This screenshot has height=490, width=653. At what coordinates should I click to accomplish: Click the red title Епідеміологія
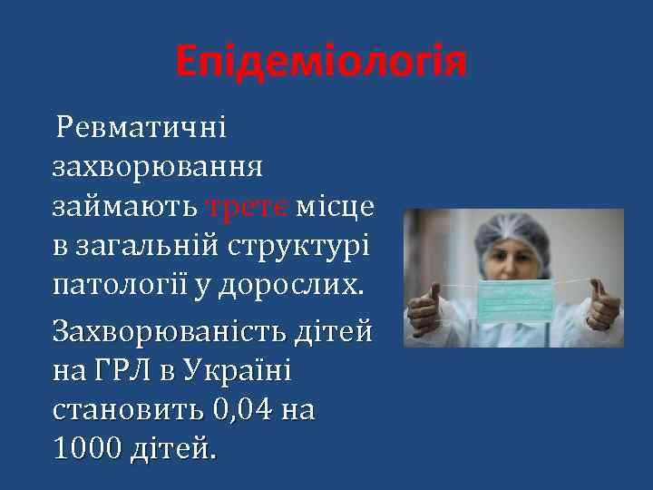click(322, 62)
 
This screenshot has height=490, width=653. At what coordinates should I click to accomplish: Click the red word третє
click(247, 207)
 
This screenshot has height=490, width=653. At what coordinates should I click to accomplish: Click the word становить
click(131, 412)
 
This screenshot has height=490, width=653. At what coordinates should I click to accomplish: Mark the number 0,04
click(249, 412)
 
